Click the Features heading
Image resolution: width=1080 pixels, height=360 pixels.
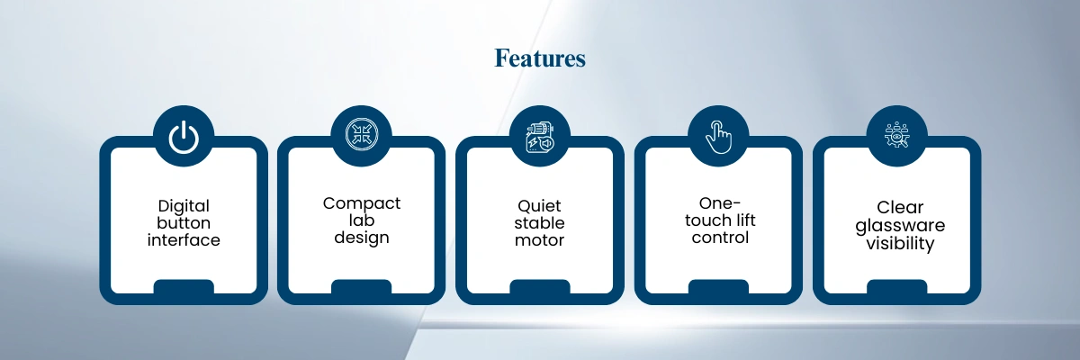(539, 58)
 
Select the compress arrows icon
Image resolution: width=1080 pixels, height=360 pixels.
(362, 134)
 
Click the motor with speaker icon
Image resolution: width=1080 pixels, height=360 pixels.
(540, 138)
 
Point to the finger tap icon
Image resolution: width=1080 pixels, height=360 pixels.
(718, 137)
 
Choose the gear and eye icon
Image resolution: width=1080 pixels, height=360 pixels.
(896, 135)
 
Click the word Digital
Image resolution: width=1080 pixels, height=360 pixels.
(184, 206)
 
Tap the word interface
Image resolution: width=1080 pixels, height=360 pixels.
(184, 239)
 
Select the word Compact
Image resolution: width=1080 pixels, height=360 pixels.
(362, 204)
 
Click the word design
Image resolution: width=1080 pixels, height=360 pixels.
(362, 238)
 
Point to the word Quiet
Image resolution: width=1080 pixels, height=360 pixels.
(539, 206)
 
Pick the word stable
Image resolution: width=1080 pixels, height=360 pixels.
(539, 222)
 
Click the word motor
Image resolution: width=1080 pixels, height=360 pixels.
(539, 240)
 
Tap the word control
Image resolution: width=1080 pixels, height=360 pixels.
(720, 237)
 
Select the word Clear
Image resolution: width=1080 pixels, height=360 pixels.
(900, 207)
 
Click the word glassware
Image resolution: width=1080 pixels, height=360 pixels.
(900, 226)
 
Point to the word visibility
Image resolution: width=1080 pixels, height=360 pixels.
(900, 243)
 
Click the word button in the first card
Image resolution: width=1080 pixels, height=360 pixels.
(184, 222)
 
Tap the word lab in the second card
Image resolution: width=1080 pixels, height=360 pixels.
(362, 220)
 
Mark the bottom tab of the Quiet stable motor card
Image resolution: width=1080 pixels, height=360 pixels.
(540, 287)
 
